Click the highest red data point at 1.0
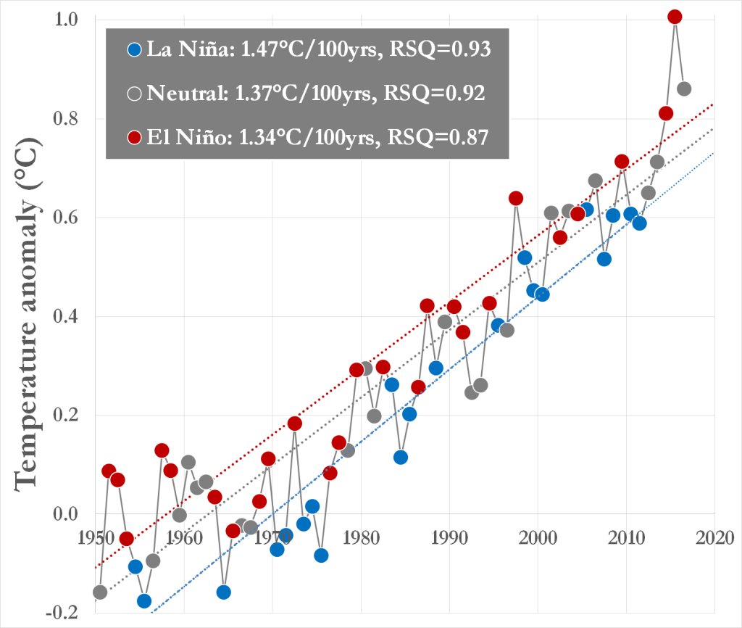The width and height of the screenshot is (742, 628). click(x=675, y=17)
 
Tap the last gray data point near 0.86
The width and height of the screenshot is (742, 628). click(x=683, y=88)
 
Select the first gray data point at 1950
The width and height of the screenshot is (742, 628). click(x=100, y=592)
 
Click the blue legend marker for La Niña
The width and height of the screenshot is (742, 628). click(x=133, y=50)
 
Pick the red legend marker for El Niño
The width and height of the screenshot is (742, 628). click(x=133, y=136)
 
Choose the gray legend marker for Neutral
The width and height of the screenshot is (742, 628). click(x=133, y=94)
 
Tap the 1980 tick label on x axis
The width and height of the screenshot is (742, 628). click(x=361, y=537)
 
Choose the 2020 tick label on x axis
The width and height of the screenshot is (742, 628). click(x=715, y=537)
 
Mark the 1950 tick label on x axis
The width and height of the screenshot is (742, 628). click(x=95, y=537)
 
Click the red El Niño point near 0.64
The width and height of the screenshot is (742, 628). click(x=516, y=198)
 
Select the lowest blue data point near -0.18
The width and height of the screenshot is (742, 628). click(x=143, y=600)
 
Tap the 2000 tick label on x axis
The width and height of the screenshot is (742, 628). click(x=538, y=537)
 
